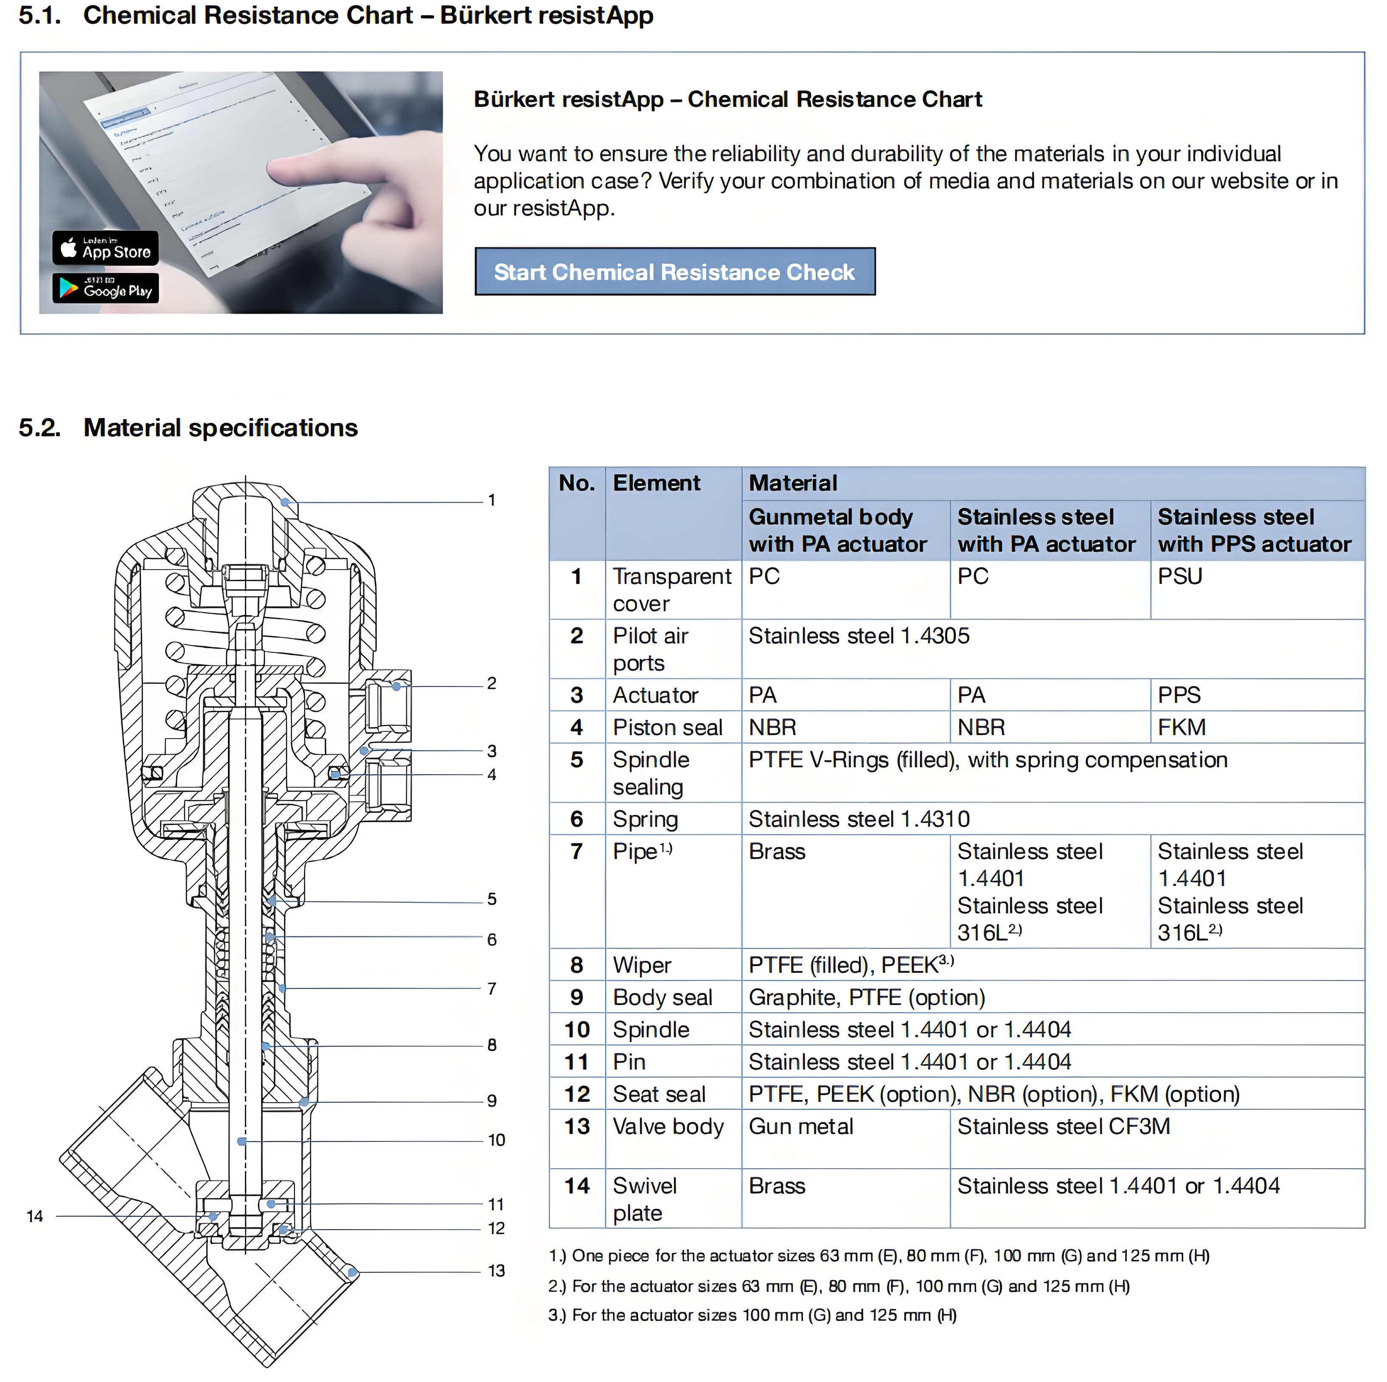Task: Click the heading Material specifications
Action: click(x=220, y=428)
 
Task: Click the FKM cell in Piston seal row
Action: click(x=1181, y=727)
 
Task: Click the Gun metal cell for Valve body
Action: click(x=800, y=1126)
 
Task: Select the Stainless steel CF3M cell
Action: click(x=1063, y=1126)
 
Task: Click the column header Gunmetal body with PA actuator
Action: click(x=837, y=531)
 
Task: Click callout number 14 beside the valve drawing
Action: click(x=34, y=1216)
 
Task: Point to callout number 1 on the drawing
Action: click(x=492, y=500)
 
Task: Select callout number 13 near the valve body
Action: click(x=496, y=1271)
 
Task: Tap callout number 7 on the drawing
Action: click(x=492, y=989)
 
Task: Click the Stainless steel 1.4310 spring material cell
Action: click(x=859, y=819)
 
